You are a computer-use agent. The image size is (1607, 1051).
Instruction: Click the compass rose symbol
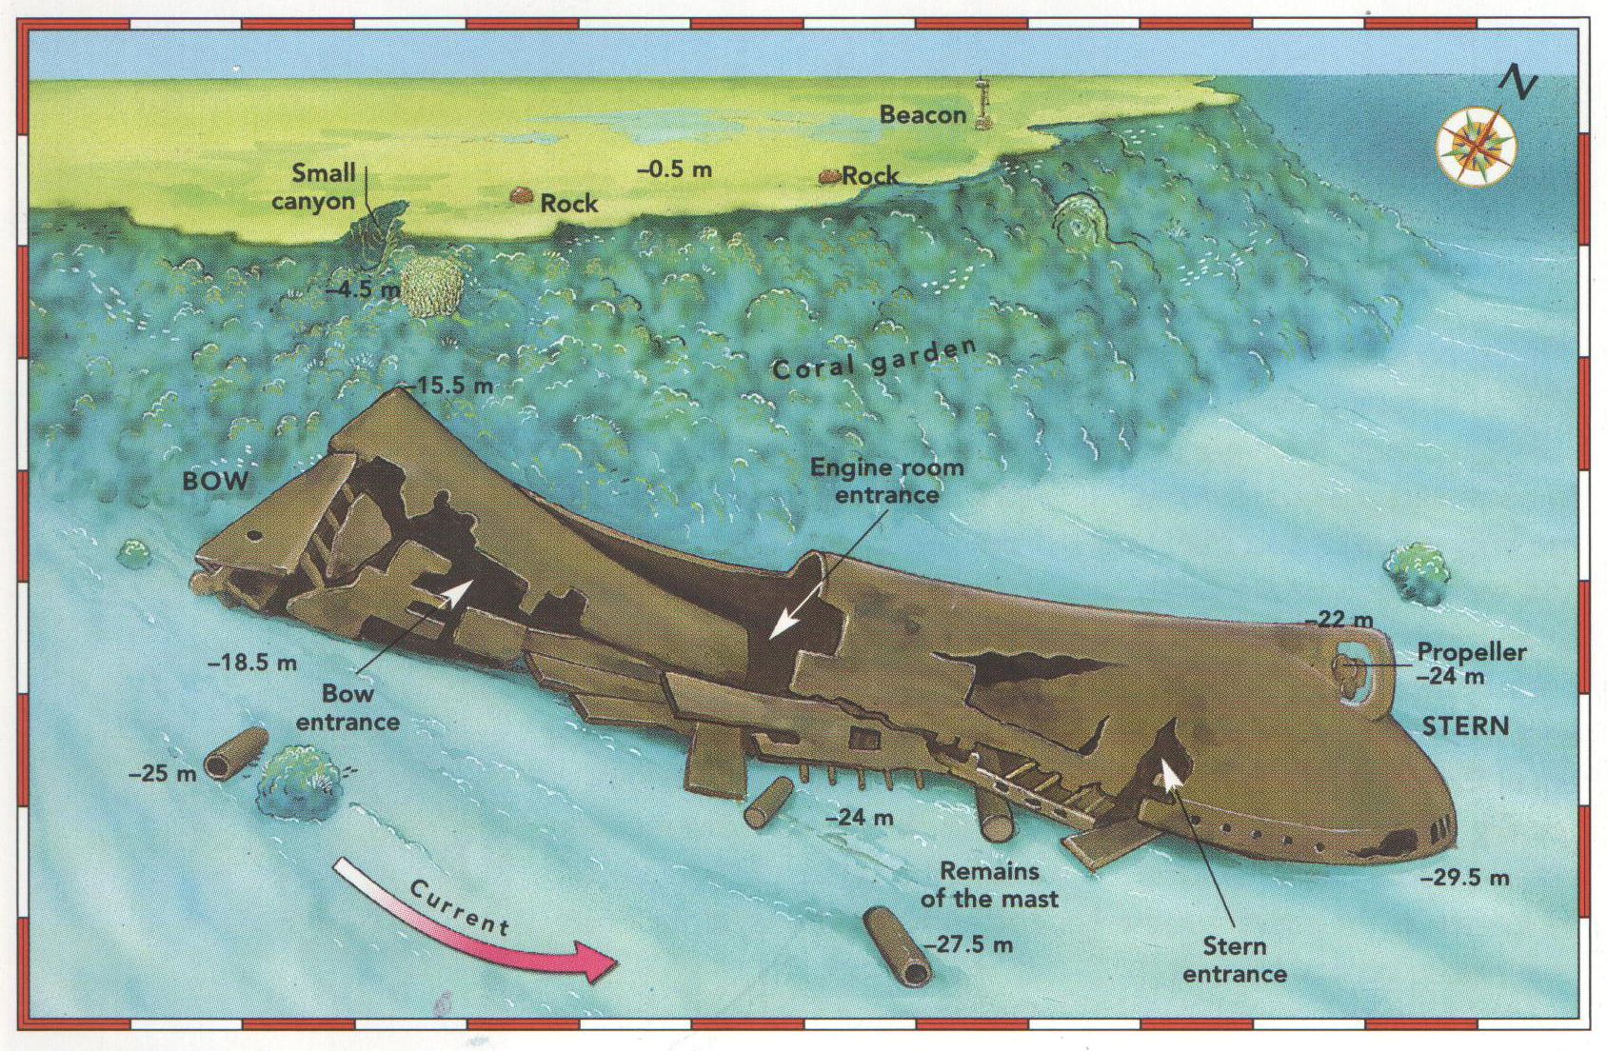pos(1477,146)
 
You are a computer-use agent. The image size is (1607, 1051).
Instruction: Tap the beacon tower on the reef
pos(982,103)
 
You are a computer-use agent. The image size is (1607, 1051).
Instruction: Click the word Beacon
pos(923,115)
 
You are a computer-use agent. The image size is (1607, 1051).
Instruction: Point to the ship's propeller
pos(1347,674)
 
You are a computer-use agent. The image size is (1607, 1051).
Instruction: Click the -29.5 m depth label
pos(1465,878)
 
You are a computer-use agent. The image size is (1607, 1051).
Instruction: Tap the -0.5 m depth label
pos(675,169)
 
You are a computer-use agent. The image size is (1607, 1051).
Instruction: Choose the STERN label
pos(1466,726)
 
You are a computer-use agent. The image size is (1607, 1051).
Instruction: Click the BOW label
pos(215,481)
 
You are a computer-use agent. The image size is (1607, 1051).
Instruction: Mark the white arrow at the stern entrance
pos(1169,775)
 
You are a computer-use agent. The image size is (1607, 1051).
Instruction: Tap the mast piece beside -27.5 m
pos(897,946)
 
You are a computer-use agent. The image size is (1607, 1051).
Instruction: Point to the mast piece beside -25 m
pos(236,753)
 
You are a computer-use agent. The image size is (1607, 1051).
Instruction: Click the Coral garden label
pos(874,359)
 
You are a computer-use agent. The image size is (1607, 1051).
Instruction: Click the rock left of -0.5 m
pos(521,194)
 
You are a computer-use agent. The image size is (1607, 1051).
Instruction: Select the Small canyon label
pos(314,187)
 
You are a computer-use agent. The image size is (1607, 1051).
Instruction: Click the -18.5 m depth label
pos(252,663)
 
